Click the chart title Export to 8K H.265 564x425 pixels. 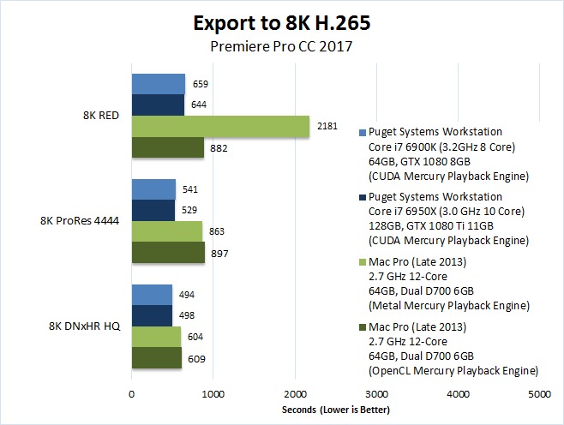(282, 21)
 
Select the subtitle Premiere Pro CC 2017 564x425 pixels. (282, 45)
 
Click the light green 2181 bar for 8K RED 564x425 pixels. (219, 127)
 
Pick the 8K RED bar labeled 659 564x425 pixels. (158, 84)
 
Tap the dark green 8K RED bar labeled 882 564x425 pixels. (167, 148)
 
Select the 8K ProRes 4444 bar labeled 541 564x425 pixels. (153, 189)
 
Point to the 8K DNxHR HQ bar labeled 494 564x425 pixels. (152, 295)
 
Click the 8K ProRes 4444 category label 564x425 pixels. (80, 221)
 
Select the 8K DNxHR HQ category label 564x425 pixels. (82, 326)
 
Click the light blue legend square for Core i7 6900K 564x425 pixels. (363, 133)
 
